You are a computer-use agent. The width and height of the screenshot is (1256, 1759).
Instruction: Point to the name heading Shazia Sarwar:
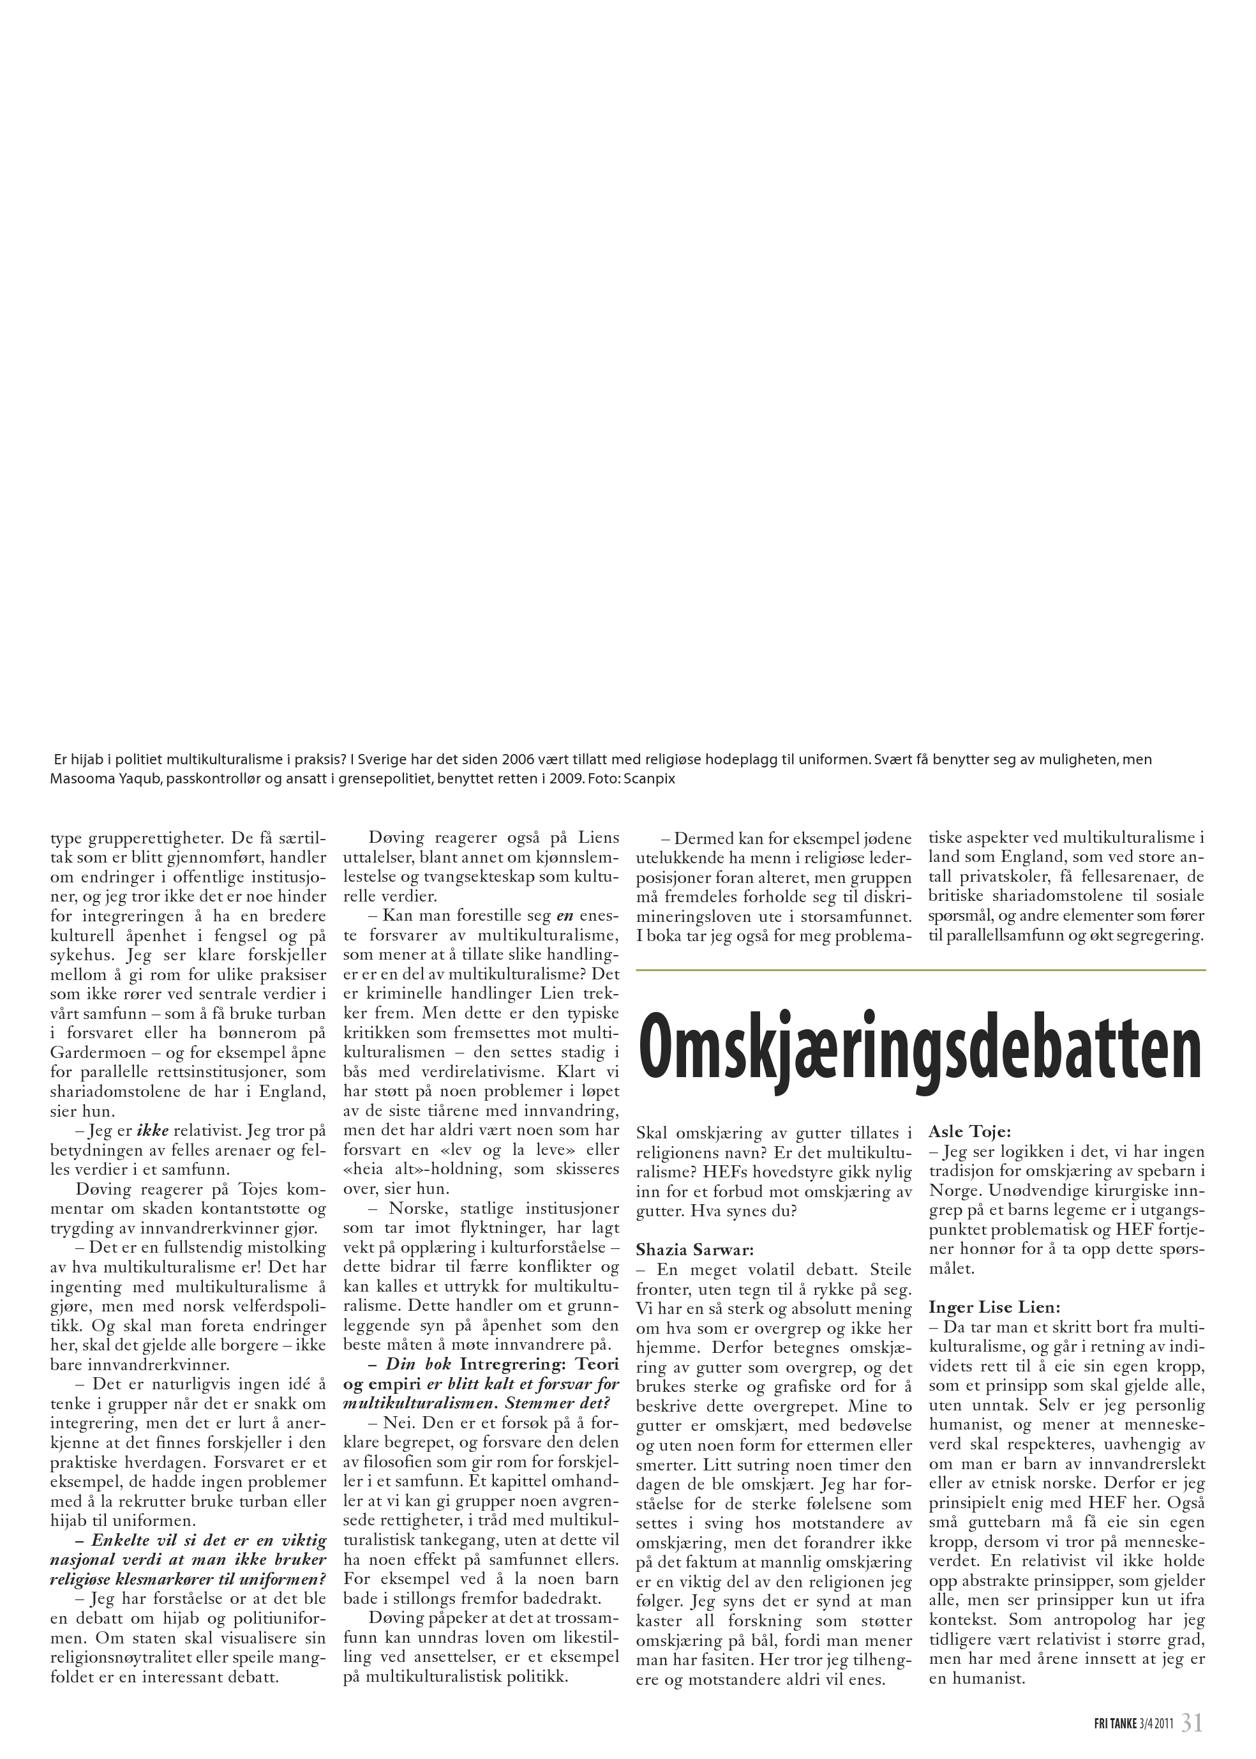694,1249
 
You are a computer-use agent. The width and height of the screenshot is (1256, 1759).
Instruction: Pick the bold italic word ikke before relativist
153,1131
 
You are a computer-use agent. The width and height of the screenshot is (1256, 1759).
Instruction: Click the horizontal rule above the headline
920,970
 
